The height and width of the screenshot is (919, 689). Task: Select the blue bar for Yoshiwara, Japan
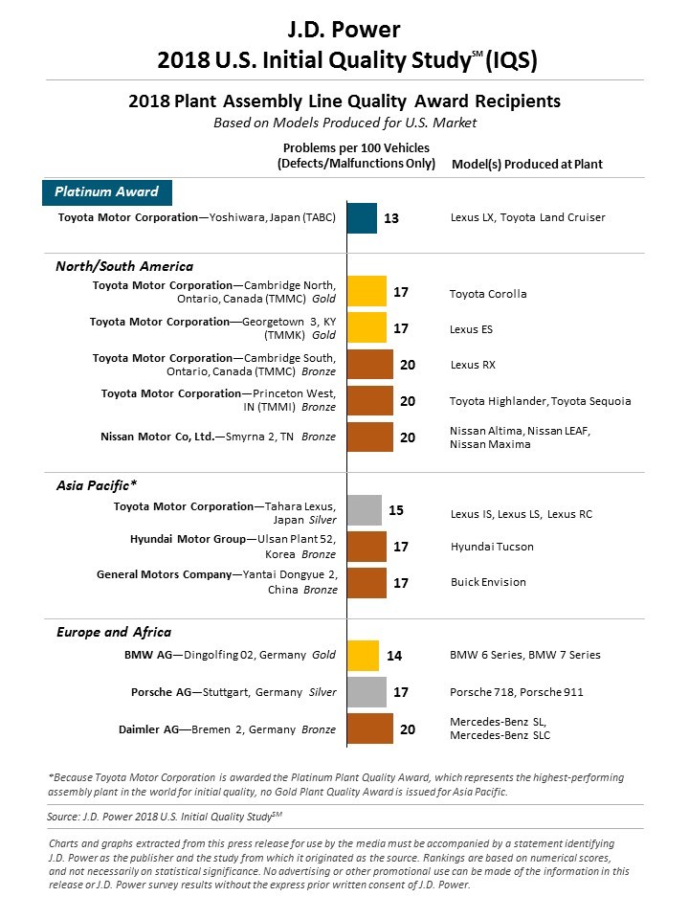pos(362,218)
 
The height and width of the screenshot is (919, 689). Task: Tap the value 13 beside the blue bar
pos(390,218)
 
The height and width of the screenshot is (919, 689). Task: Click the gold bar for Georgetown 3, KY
pos(367,328)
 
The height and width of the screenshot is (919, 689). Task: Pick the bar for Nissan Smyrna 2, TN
pos(369,437)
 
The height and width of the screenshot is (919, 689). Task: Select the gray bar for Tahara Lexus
pos(364,510)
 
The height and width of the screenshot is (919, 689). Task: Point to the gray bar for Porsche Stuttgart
pos(367,692)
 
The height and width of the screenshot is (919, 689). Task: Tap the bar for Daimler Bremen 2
pos(369,728)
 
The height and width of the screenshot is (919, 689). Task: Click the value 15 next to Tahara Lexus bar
pos(396,510)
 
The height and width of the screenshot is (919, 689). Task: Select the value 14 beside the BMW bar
pos(393,656)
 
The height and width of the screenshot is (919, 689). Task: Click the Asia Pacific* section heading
pos(96,485)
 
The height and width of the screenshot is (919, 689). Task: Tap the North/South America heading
pos(124,266)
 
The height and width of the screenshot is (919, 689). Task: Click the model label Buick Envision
pos(488,582)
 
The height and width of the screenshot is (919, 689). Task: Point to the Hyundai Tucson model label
pos(492,547)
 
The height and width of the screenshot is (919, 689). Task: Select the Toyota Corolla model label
pos(488,293)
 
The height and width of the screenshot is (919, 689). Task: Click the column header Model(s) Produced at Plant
pos(526,164)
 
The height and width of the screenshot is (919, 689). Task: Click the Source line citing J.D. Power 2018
pos(165,817)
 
